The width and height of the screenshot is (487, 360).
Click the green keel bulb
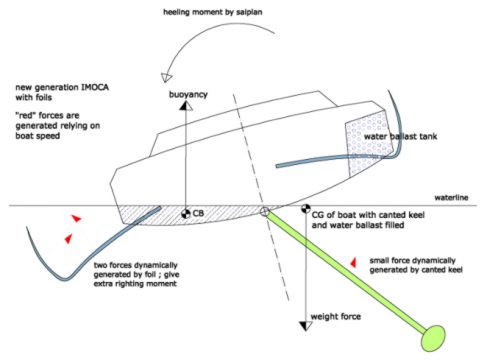tap(433, 338)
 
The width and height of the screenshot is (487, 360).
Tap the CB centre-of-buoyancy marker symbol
tap(186, 214)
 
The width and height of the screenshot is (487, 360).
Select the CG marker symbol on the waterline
tap(306, 209)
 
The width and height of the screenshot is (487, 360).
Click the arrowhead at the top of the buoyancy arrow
tap(186, 106)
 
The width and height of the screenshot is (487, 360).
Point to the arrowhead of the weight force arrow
tap(306, 326)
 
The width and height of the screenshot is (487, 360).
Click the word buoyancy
tap(188, 94)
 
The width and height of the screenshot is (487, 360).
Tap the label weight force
tap(336, 316)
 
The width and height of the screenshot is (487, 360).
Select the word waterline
tap(451, 197)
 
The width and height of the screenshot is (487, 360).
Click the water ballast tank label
tap(400, 136)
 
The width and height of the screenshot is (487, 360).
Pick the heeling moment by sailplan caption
tap(212, 12)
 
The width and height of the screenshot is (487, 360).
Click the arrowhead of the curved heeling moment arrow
tap(166, 77)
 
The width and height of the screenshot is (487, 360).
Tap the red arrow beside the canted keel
tap(353, 263)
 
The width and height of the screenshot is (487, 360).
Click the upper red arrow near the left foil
tap(76, 218)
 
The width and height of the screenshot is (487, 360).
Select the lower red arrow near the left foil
tap(69, 238)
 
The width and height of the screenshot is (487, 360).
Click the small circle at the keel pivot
tap(265, 211)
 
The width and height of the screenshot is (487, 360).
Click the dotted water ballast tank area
tap(367, 143)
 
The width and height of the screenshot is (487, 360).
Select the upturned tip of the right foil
tap(389, 93)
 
